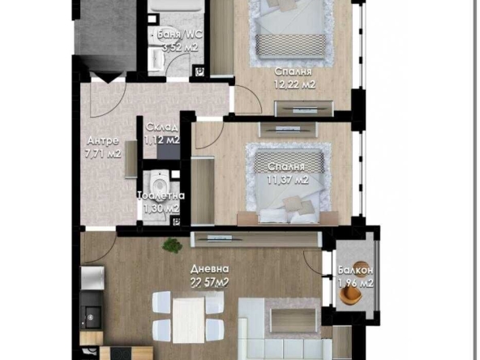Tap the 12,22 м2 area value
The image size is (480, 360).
pos(294,84)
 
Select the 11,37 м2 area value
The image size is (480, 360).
pos(288,179)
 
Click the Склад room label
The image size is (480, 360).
pos(161,128)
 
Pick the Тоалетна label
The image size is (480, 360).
pos(161,195)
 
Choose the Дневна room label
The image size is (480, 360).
pos(209,268)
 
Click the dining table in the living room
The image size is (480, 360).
pos(189,317)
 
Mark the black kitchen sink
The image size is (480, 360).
pos(91,311)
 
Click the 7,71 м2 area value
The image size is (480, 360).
pos(104,152)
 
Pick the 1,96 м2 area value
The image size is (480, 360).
pos(355,283)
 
